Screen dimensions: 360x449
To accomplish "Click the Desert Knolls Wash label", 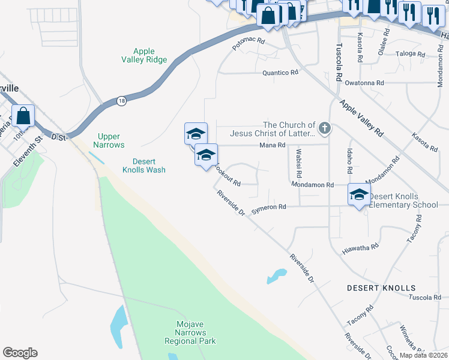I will (144, 166).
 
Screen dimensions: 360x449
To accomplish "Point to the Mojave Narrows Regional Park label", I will (190, 332).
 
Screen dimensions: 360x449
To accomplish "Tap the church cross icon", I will (325, 127).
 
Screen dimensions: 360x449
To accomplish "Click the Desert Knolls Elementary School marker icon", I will (359, 194).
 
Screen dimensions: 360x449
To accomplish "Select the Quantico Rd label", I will (280, 73).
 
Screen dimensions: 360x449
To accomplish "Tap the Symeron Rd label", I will (268, 207).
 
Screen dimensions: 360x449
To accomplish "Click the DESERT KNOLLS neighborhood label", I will (381, 288).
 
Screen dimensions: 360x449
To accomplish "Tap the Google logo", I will (20, 353).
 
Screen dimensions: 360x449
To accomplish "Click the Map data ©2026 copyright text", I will (423, 355).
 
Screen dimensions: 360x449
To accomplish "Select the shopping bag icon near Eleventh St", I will (23, 116).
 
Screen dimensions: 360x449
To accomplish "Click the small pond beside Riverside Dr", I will (276, 275).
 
